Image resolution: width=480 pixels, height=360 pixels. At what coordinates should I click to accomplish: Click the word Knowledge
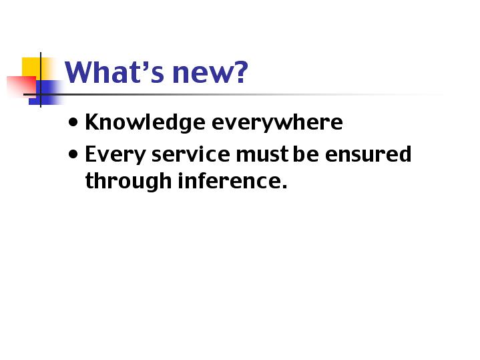(145, 122)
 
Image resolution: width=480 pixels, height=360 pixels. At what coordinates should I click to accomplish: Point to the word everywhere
(277, 122)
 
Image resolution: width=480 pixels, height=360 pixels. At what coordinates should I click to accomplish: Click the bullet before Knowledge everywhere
(73, 122)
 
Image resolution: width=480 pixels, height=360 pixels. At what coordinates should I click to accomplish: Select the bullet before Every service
(73, 154)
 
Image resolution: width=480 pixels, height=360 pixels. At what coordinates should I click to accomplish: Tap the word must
(262, 154)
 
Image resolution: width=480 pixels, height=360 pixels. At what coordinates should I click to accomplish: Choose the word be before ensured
(306, 154)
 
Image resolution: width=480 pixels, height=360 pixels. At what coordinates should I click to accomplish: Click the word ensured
(368, 154)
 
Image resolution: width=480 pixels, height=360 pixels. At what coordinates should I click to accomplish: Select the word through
(128, 181)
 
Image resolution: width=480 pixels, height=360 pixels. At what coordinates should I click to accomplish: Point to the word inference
(229, 180)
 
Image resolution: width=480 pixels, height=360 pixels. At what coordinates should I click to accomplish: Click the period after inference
(284, 186)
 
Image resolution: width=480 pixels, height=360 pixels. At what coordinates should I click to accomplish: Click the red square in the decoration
(21, 86)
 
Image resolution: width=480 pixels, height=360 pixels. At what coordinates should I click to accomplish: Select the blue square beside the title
(46, 93)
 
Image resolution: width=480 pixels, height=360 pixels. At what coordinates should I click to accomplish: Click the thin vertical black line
(41, 80)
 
